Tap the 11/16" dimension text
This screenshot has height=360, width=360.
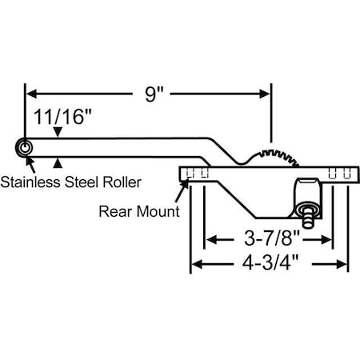click(62, 116)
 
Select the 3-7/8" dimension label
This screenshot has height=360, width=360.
click(268, 238)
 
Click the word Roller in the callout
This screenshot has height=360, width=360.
click(121, 182)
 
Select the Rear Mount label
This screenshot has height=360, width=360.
click(138, 212)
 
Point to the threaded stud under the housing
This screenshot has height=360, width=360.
click(307, 214)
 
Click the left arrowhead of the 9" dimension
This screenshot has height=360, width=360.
click(31, 94)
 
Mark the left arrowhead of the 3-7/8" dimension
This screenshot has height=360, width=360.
click(212, 238)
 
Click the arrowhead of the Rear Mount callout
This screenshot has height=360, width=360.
click(186, 184)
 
